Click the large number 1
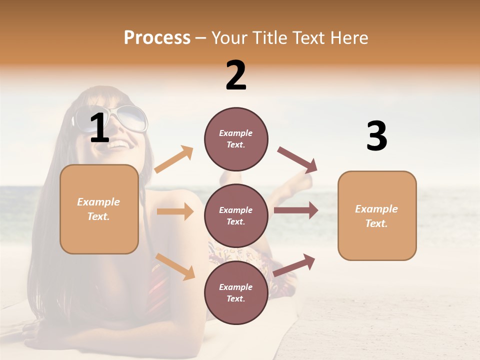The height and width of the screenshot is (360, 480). tap(99, 128)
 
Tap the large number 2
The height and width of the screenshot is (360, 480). tap(236, 75)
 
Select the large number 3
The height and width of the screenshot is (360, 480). tap(376, 136)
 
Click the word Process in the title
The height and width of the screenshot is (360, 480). tap(157, 37)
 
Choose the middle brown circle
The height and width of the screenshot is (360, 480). tap(236, 215)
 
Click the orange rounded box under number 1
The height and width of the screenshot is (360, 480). tap(99, 209)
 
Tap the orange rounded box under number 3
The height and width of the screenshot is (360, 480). tap(377, 216)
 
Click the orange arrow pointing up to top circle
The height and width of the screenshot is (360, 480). tap(174, 159)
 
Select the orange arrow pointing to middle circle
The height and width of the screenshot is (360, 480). tap(175, 211)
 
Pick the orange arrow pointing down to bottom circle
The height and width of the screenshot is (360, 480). tap(175, 266)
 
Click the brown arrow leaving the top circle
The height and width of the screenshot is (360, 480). tap(297, 160)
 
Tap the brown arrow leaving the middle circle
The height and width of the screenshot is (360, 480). tap(296, 210)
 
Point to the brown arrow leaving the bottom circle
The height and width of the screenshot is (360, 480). tap(294, 265)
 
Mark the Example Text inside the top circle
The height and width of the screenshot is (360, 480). tap(236, 139)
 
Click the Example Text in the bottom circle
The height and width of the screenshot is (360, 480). tap(236, 293)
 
